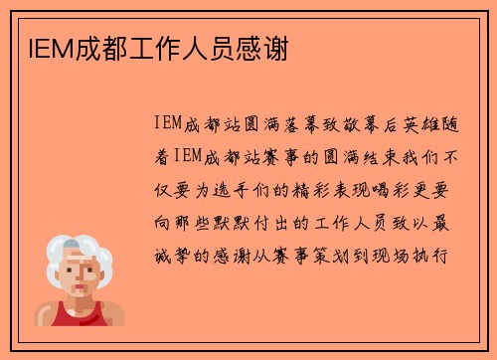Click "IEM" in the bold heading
click(x=39, y=47)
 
